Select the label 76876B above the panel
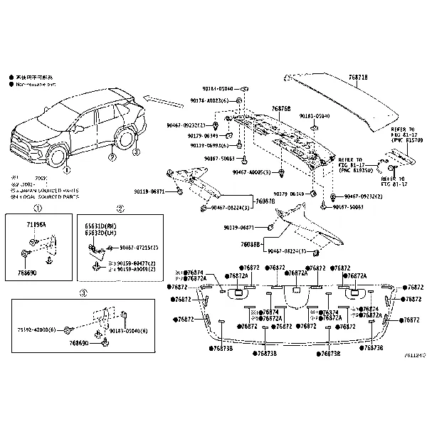[x=281, y=109]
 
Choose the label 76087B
[x=265, y=201]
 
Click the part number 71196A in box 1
[x=36, y=224]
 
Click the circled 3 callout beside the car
[x=136, y=152]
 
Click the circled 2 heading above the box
[x=120, y=209]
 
